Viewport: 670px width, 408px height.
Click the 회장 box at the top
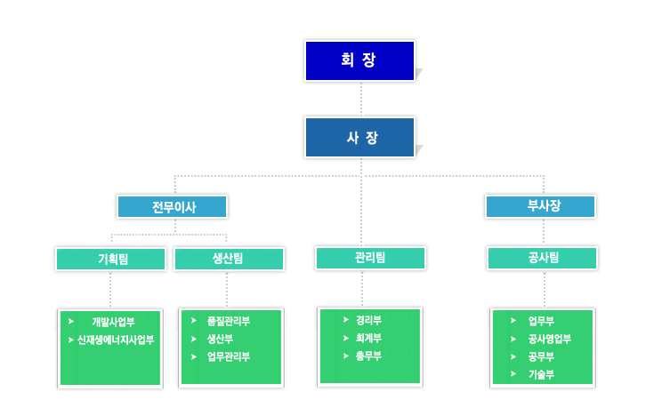pos(359,60)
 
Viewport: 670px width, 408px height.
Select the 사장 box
pos(359,138)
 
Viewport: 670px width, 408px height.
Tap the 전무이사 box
pos(173,207)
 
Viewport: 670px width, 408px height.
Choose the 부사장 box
pos(540,206)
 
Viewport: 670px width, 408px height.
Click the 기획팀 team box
pos(110,259)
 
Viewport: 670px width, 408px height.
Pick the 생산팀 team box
pos(229,259)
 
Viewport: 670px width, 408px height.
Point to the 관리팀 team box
pos(370,258)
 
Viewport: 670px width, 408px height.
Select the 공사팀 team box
pos(542,258)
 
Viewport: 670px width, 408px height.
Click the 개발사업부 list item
pos(113,322)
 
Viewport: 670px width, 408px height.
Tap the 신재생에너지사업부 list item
pos(116,340)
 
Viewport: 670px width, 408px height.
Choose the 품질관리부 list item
pos(229,321)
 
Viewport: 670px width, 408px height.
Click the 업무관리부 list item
pos(229,356)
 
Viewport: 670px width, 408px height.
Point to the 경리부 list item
pos(368,320)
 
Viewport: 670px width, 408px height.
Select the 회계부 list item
pos(368,338)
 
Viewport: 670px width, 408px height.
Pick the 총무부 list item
pos(368,356)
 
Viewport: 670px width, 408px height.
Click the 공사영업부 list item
pos(550,339)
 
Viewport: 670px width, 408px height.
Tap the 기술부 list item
pos(541,375)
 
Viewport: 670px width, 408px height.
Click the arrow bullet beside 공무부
pos(513,356)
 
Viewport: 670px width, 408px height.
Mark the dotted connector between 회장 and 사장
pos(361,100)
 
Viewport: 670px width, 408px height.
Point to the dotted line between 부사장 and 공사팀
pos(544,232)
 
